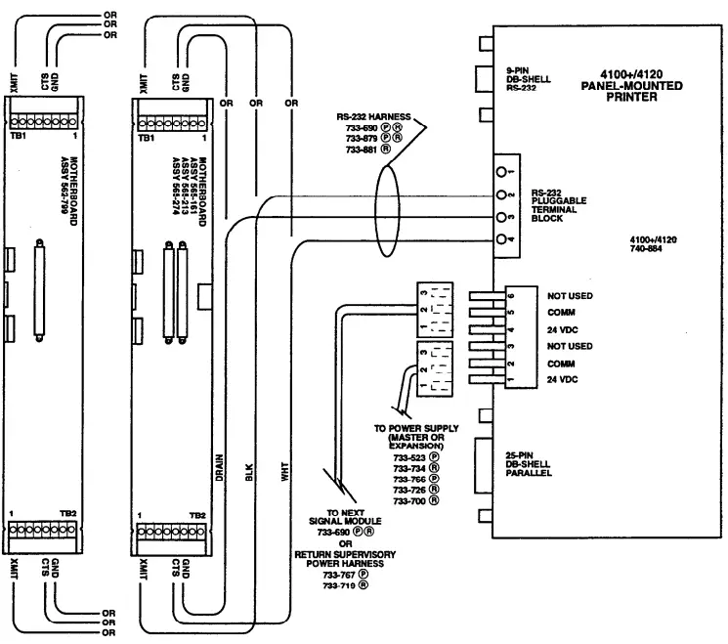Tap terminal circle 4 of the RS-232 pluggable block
[501, 239]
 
